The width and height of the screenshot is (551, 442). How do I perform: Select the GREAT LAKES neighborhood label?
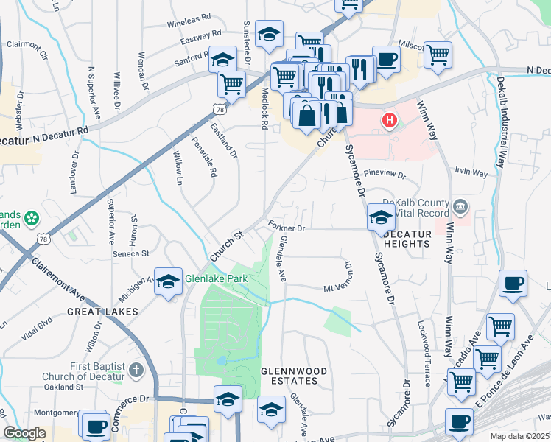click(x=103, y=312)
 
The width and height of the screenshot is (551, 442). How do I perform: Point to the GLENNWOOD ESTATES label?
click(x=289, y=375)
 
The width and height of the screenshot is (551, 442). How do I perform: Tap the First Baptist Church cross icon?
click(x=136, y=369)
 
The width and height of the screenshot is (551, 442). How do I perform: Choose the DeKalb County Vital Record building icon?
click(x=462, y=204)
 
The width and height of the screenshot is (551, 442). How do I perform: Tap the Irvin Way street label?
click(x=471, y=173)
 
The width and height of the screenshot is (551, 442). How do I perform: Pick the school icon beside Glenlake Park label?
click(x=169, y=281)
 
